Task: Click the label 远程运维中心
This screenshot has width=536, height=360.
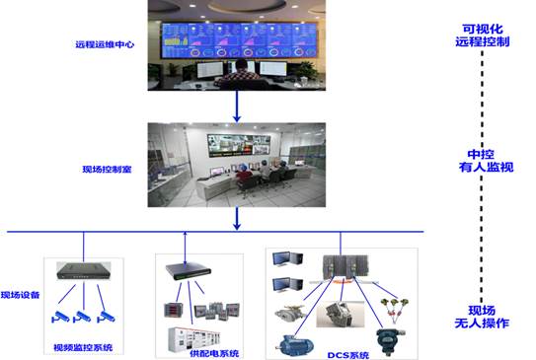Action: click(x=105, y=44)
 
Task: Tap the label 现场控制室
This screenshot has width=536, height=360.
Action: click(x=107, y=170)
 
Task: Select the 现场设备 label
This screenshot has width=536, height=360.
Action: click(x=20, y=295)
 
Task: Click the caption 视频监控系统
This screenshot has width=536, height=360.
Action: click(x=83, y=348)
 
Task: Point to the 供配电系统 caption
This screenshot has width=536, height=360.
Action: click(x=214, y=353)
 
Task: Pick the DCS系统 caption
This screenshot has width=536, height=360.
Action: click(x=348, y=355)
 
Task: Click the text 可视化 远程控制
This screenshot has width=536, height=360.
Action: click(x=483, y=36)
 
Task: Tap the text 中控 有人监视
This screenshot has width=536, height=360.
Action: click(x=486, y=161)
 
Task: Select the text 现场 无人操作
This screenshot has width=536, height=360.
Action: click(x=482, y=317)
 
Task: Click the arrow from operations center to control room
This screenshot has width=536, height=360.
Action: click(x=237, y=107)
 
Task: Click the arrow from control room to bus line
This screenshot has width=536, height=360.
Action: click(x=237, y=219)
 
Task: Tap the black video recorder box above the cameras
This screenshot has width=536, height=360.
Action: click(x=83, y=270)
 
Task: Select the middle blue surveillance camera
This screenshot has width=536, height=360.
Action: click(x=82, y=317)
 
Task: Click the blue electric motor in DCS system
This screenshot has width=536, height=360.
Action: click(x=295, y=346)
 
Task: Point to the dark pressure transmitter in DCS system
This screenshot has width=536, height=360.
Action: click(x=389, y=341)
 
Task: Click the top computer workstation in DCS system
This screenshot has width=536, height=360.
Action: click(x=287, y=258)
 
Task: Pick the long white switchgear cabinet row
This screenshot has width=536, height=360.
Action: click(x=194, y=339)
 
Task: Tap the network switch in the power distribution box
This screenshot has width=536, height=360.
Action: click(x=188, y=271)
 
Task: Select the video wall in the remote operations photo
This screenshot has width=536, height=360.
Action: click(x=238, y=40)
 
